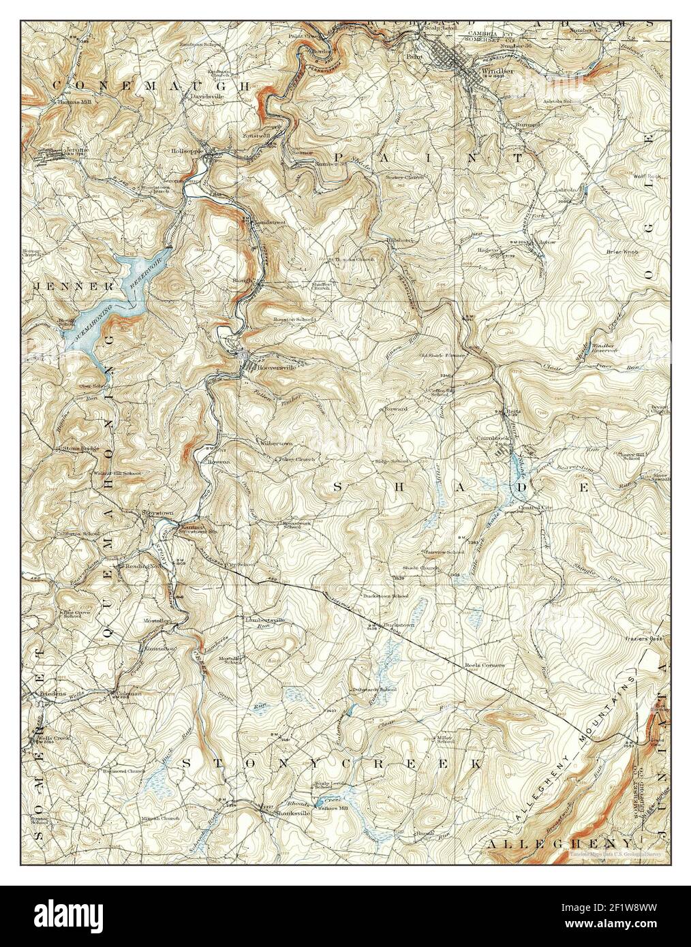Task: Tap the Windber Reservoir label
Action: point(603,349)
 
